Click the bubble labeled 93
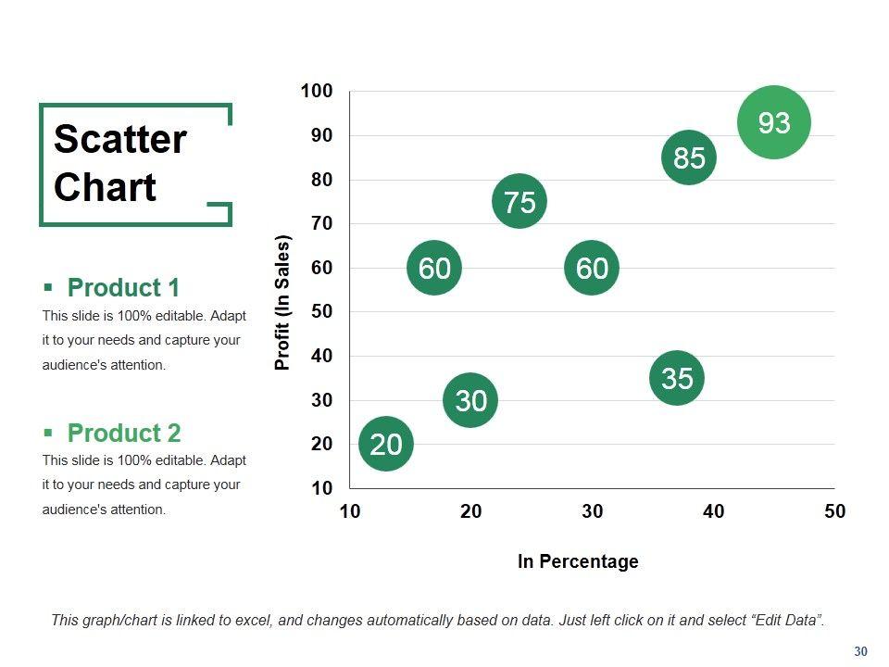pos(774,122)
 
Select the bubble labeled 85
pos(689,158)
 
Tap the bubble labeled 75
pos(520,201)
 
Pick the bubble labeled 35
pos(677,378)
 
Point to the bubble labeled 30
pos(471,400)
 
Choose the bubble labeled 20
pos(386,445)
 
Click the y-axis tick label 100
pos(317,91)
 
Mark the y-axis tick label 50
pos(320,311)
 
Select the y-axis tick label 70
pos(320,223)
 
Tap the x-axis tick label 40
pos(713,511)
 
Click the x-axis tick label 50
pos(834,511)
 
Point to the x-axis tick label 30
pos(592,511)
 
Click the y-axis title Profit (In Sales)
pos(283,303)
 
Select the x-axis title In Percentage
pos(578,561)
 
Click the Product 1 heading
pos(123,287)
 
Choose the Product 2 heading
pos(124,433)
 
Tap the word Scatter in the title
pos(120,140)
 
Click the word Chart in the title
pos(105,187)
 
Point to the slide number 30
pos(860,652)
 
